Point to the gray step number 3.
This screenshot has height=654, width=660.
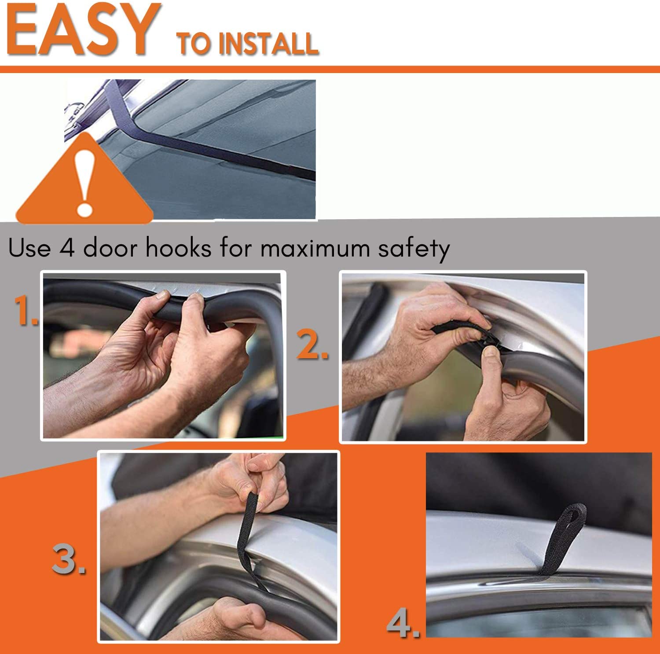69,558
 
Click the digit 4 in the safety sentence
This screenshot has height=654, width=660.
66,248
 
